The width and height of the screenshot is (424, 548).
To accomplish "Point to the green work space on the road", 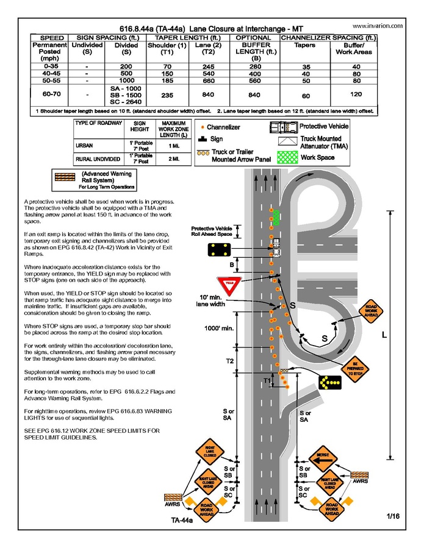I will point(276,216).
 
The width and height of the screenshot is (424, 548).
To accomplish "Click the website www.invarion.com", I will point(378,26).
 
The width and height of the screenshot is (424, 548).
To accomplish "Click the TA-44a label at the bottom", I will point(181,521).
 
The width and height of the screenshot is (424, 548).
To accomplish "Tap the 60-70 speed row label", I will point(52,94).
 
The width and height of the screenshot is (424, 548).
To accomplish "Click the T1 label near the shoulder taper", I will point(266,381).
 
